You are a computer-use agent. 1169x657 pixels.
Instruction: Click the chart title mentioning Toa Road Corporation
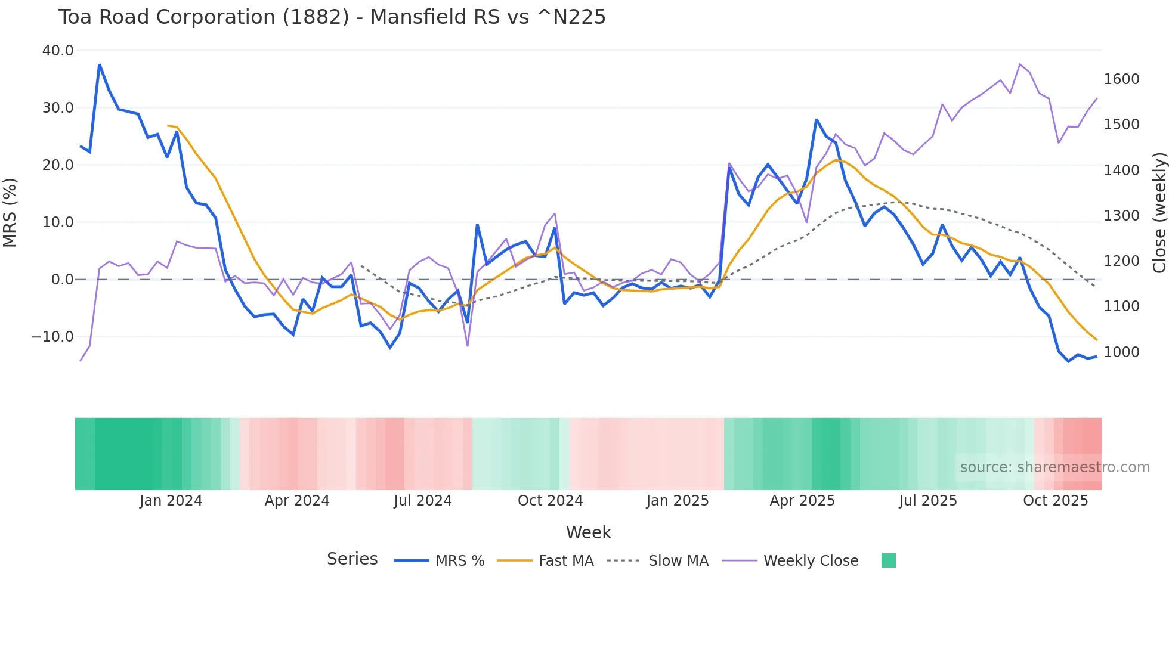point(332,17)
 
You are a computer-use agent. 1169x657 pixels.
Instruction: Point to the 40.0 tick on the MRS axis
point(58,51)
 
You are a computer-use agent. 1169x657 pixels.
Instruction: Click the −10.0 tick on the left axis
point(52,337)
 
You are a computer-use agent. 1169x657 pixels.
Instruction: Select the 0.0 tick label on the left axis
point(62,280)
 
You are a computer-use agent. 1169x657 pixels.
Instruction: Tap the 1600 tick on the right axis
point(1121,79)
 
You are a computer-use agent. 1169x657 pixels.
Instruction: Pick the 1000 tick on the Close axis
point(1121,352)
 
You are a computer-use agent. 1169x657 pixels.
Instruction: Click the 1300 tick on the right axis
point(1121,216)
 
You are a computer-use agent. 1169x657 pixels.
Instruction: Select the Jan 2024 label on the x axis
point(171,501)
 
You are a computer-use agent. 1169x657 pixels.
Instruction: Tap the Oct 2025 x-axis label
point(1055,501)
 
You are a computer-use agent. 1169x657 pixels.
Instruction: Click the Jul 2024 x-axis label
point(423,501)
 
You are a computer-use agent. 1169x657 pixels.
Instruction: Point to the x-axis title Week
point(588,532)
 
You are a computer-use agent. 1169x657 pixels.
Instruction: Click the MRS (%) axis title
point(10,212)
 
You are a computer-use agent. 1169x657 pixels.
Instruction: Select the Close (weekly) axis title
point(1159,213)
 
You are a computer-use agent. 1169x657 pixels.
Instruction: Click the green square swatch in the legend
point(888,560)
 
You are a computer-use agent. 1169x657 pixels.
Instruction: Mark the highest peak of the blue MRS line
point(100,64)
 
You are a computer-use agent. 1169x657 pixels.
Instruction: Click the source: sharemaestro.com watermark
point(1054,467)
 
